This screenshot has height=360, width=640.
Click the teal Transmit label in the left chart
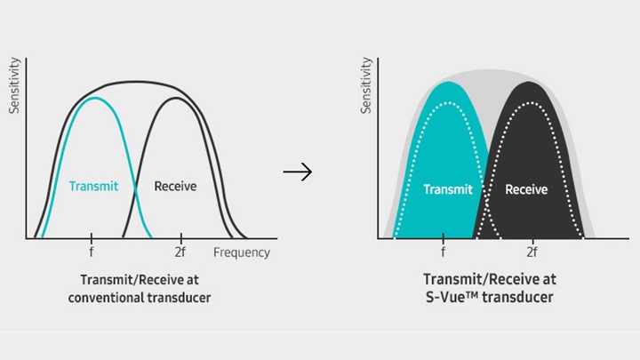93,186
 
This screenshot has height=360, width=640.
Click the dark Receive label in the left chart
175,186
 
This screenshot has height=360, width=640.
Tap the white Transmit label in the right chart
448,189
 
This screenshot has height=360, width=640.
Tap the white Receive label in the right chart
526,189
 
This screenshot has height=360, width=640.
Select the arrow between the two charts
298,172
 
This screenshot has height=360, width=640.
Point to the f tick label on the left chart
92,252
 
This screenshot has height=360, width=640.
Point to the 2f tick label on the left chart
180,252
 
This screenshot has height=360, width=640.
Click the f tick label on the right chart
444,252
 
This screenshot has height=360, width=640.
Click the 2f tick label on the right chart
532,252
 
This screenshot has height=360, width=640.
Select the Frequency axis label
242,252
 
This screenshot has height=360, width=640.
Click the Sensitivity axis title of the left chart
14,85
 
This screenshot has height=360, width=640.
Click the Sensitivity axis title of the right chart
366,85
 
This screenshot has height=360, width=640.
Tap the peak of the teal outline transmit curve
95,98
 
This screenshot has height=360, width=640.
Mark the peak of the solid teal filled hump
448,82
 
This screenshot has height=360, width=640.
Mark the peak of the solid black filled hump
529,82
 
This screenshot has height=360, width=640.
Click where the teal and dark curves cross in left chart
135,188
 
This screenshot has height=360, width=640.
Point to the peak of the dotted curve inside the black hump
530,103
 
